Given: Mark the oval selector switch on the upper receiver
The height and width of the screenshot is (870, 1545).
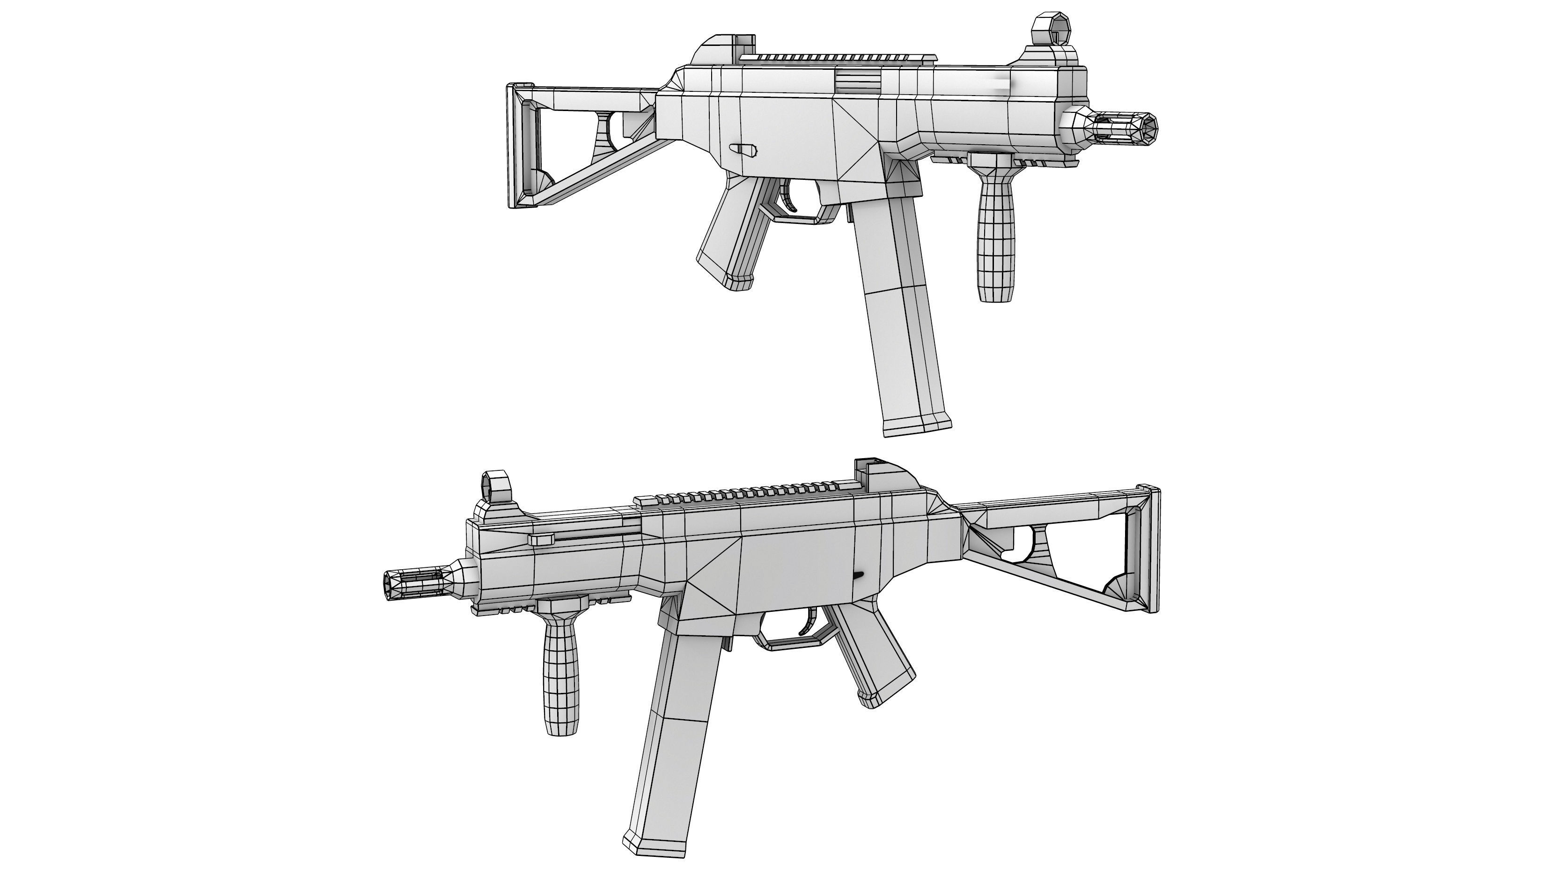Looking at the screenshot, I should tap(744, 149).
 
